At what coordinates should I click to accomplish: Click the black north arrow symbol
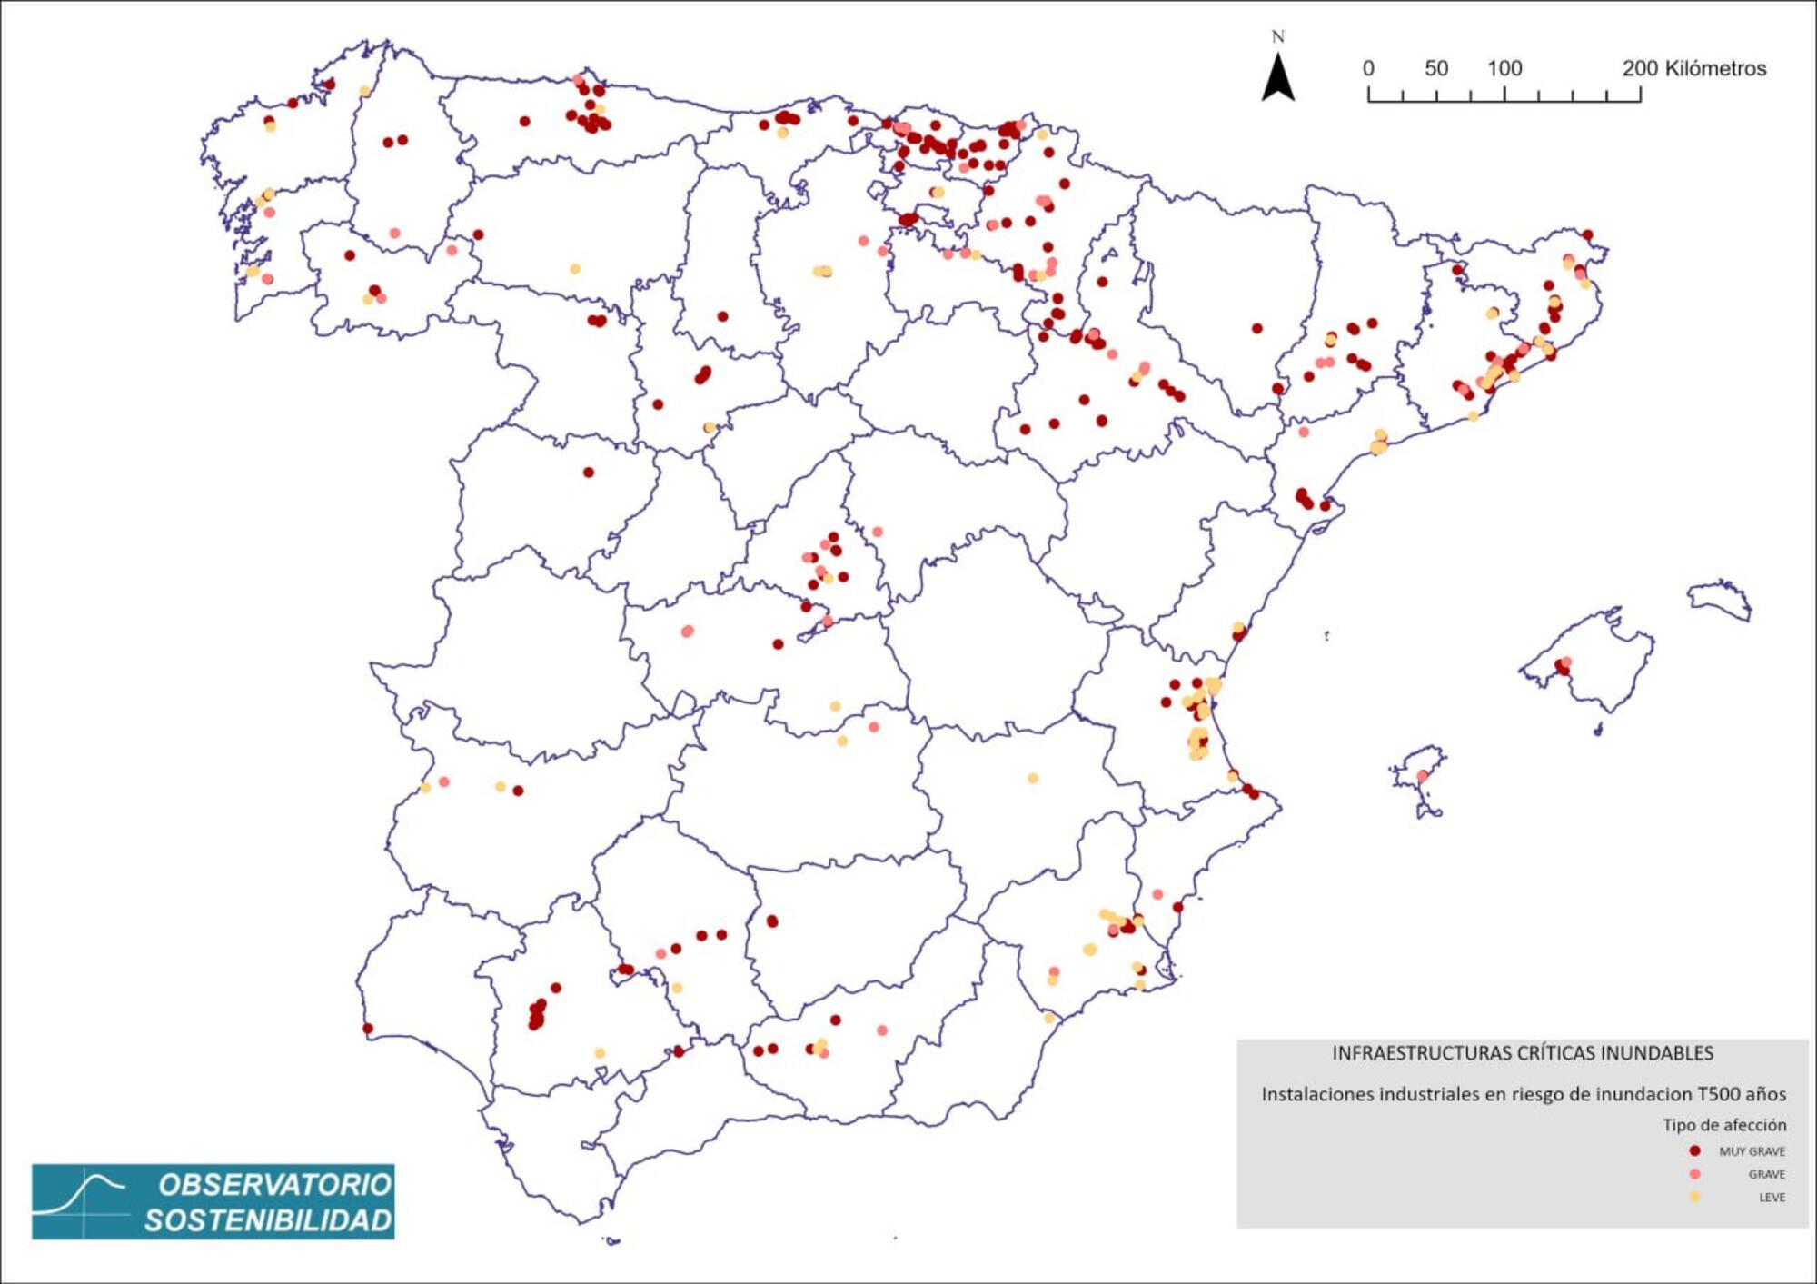pyautogui.click(x=1277, y=78)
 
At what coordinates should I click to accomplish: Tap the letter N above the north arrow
pyautogui.click(x=1277, y=36)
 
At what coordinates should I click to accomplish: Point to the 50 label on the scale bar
pyautogui.click(x=1436, y=68)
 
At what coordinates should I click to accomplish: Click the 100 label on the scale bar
pyautogui.click(x=1504, y=68)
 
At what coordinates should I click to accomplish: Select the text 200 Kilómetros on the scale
pyautogui.click(x=1694, y=68)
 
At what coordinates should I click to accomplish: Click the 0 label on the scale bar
pyautogui.click(x=1368, y=68)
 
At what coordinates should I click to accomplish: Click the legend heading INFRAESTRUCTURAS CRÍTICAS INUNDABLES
pyautogui.click(x=1523, y=1053)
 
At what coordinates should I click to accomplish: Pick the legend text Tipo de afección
pyautogui.click(x=1724, y=1125)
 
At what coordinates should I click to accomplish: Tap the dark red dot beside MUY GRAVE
pyautogui.click(x=1694, y=1150)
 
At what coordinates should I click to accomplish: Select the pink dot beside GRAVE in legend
pyautogui.click(x=1694, y=1174)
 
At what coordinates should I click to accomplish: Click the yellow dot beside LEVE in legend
pyautogui.click(x=1694, y=1197)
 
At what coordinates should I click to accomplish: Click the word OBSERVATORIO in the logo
pyautogui.click(x=274, y=1185)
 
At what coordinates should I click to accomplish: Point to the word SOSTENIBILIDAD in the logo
pyautogui.click(x=268, y=1220)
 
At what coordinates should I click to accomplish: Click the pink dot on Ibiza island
pyautogui.click(x=1423, y=776)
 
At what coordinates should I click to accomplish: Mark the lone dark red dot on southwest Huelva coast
pyautogui.click(x=368, y=1029)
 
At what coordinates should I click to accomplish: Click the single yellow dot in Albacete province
pyautogui.click(x=1033, y=778)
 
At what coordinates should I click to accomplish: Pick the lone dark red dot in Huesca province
pyautogui.click(x=1257, y=328)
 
